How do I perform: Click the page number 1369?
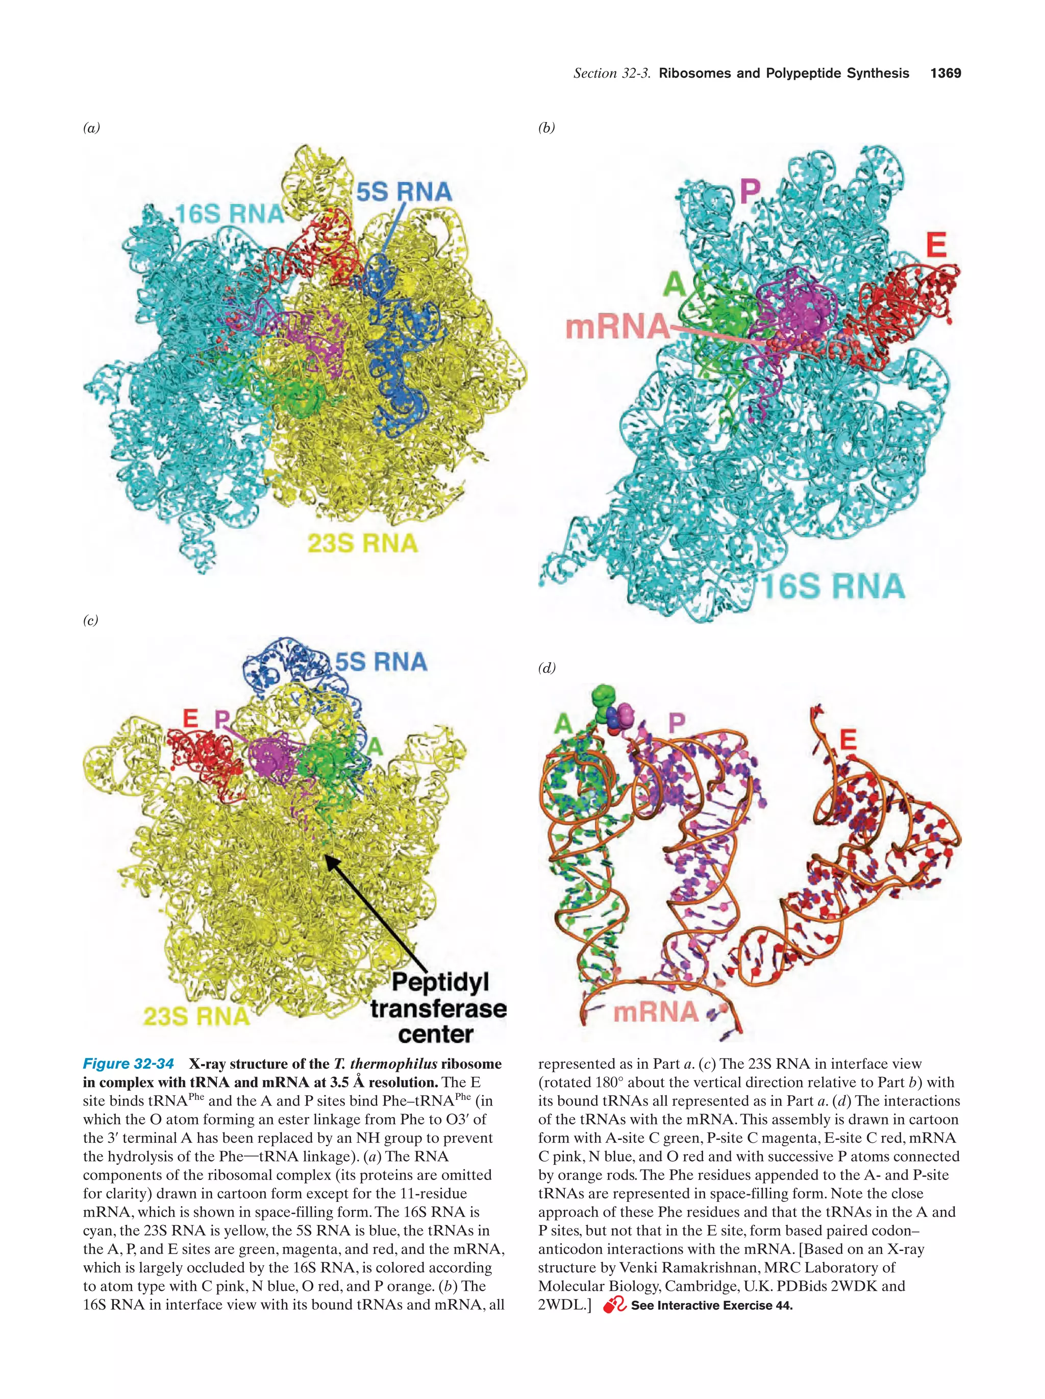click(945, 73)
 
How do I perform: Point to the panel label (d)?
click(546, 668)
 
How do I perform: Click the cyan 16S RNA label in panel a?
click(230, 214)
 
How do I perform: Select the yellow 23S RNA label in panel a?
click(362, 543)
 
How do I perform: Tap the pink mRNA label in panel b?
click(616, 327)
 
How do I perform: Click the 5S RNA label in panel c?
click(381, 661)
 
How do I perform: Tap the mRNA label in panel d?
click(656, 1012)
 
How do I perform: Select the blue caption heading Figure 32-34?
click(129, 1064)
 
